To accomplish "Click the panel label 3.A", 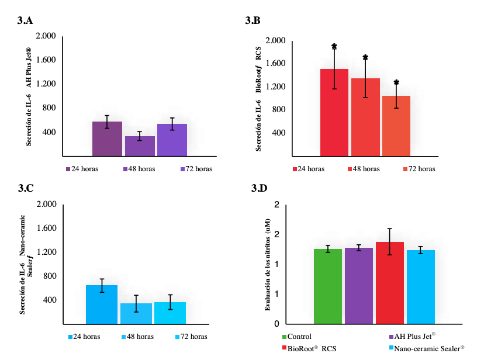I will (25, 20).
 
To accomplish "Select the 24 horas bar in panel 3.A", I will (107, 139).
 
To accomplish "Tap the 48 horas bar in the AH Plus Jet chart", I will (140, 146).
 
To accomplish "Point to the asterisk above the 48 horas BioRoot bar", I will (365, 57).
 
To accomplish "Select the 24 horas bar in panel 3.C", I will (102, 304).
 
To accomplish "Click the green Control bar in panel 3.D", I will (328, 286).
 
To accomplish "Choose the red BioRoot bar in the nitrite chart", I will (390, 283).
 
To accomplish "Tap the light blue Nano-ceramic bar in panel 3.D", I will (421, 287).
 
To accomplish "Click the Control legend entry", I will (297, 337).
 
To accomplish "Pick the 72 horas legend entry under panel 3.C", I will (191, 337).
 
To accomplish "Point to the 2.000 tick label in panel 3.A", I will (46, 36).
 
